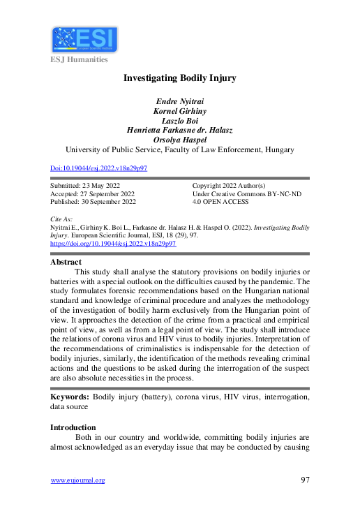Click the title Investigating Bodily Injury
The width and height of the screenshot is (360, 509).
[179, 78]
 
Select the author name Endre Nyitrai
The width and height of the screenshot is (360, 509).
[179, 101]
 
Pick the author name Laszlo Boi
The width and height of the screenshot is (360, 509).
[179, 120]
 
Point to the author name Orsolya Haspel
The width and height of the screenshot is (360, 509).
[179, 139]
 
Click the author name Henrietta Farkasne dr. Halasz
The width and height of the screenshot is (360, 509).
[179, 130]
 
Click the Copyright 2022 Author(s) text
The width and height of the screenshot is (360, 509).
[228, 185]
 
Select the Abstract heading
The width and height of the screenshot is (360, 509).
[66, 262]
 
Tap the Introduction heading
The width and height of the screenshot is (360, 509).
[73, 427]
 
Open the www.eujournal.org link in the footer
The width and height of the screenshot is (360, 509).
[78, 480]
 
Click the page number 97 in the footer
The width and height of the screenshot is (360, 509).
[303, 480]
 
